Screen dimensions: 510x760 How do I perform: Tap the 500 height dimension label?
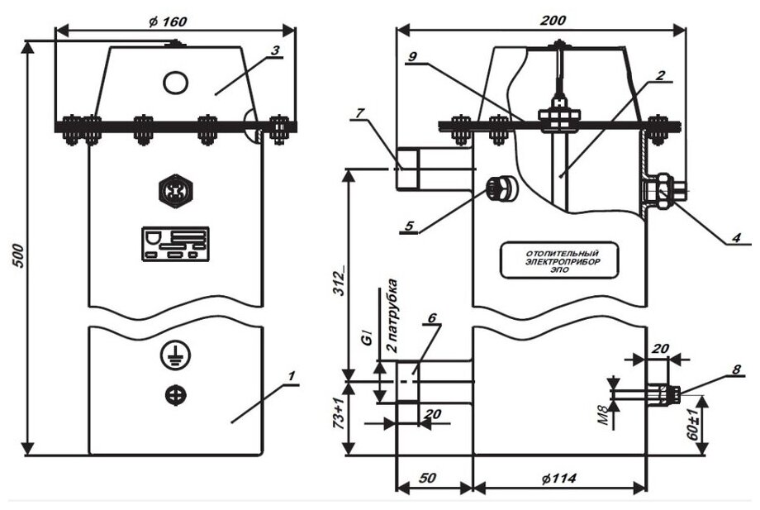(17, 248)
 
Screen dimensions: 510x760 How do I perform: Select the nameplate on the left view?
(175, 244)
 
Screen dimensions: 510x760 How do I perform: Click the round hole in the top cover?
(175, 82)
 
